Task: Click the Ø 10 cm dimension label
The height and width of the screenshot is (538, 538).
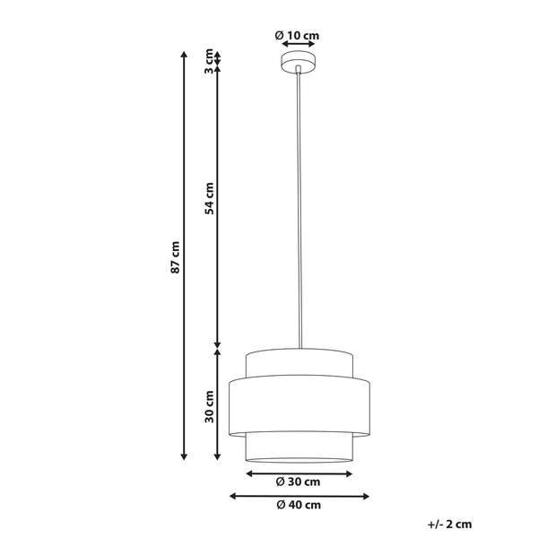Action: [x=297, y=35]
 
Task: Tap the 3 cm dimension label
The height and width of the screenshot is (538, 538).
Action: [x=209, y=61]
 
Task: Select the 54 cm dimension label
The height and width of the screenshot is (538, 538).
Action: [x=209, y=199]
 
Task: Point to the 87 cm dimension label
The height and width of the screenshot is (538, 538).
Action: [x=175, y=257]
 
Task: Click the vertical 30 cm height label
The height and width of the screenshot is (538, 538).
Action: [x=209, y=406]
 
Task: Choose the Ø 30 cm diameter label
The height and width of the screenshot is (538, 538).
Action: [x=298, y=482]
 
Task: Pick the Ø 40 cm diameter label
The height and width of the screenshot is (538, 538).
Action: [x=299, y=505]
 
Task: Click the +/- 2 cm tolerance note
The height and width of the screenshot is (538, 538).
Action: [x=450, y=525]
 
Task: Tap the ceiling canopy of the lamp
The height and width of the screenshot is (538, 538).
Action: [x=299, y=62]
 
